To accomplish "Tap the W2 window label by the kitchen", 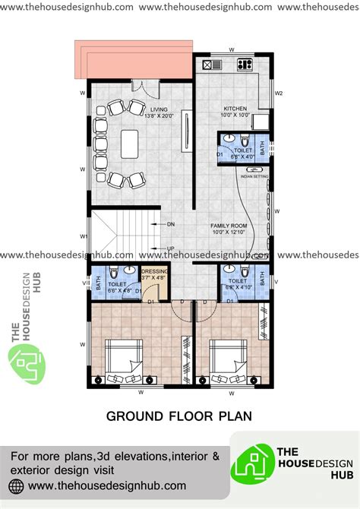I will [x=279, y=93].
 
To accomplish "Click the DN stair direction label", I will [x=171, y=224].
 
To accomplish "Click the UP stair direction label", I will [x=171, y=248].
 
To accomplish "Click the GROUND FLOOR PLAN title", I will [x=179, y=416].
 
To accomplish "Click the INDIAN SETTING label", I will [x=253, y=176].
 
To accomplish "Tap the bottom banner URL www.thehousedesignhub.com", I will [x=106, y=484].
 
